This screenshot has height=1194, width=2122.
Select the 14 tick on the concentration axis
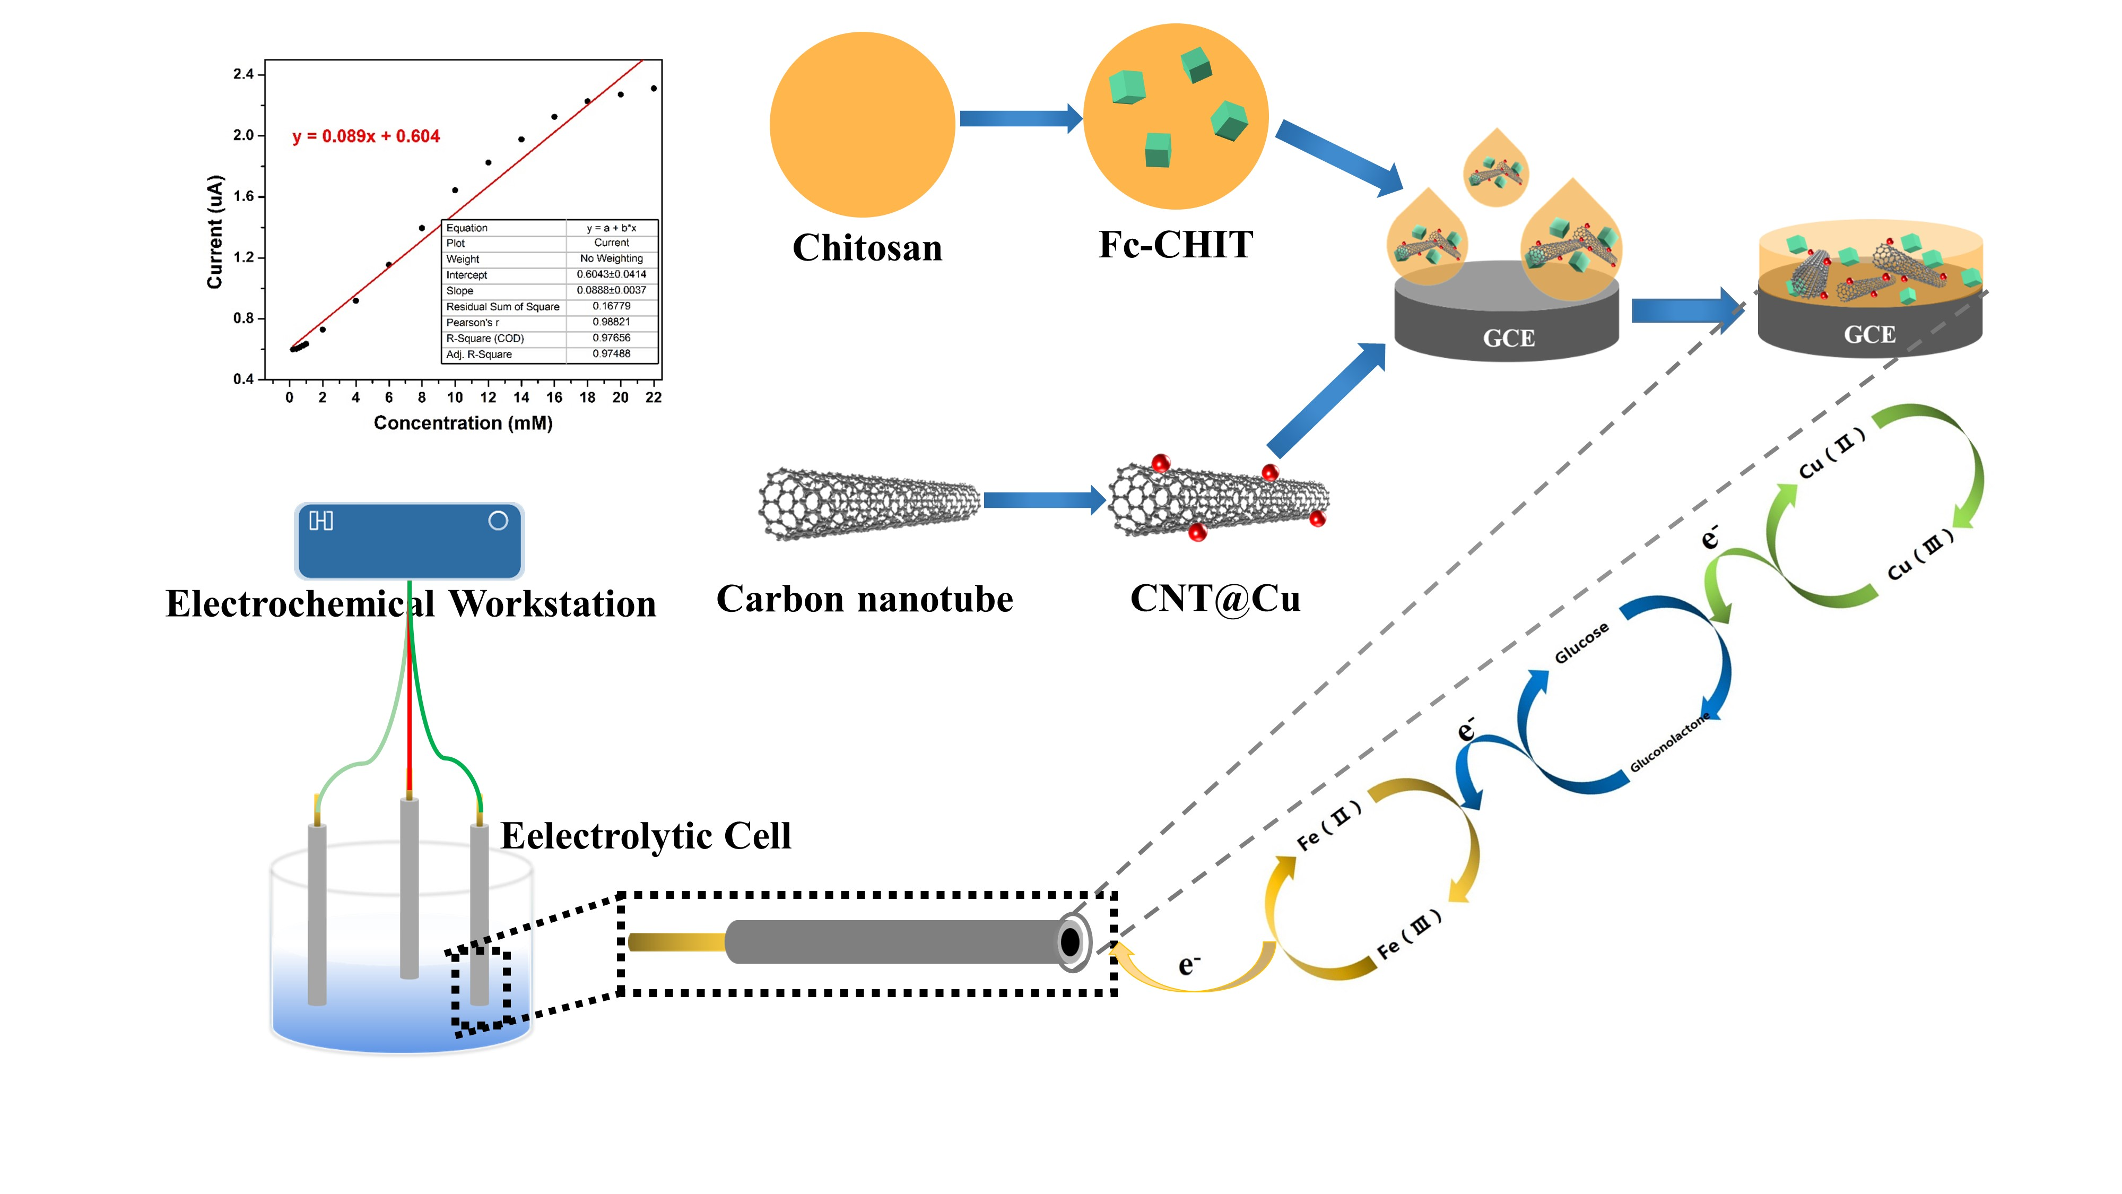click(520, 397)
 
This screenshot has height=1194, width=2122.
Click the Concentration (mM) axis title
click(463, 423)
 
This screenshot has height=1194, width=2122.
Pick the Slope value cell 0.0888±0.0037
click(611, 290)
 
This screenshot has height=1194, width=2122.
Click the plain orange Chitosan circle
click(862, 124)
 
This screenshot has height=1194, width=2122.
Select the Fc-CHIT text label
click(1176, 245)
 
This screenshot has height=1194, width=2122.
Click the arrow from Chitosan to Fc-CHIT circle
click(1020, 119)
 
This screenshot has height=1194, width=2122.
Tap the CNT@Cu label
click(1215, 598)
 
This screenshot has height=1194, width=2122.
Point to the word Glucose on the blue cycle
click(1581, 644)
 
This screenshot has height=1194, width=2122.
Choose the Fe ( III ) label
click(1408, 935)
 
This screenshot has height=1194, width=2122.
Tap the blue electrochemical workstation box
click(410, 541)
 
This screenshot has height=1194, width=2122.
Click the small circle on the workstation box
click(498, 521)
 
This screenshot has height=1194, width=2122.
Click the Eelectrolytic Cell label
click(645, 836)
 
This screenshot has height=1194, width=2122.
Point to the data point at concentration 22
click(653, 88)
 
